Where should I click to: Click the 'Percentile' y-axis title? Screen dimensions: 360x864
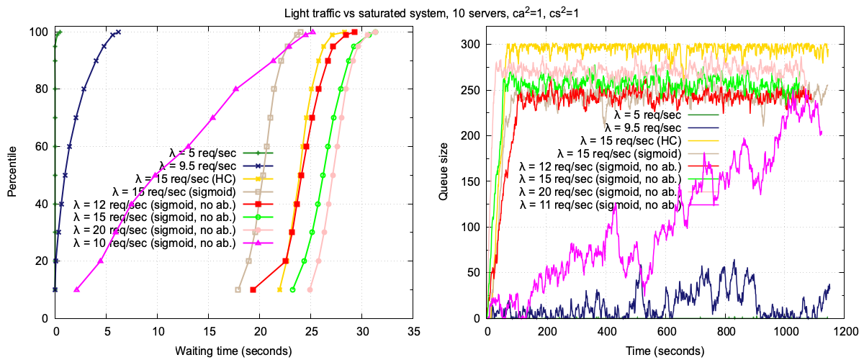(x=12, y=174)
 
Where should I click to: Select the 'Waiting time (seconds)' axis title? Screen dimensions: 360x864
(x=233, y=351)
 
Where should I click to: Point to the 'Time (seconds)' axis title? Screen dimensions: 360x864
(x=666, y=351)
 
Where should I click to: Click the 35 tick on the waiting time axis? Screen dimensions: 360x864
(x=413, y=333)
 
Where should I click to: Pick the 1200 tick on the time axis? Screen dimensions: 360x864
(x=846, y=333)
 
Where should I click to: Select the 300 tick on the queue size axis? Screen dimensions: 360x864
(x=472, y=44)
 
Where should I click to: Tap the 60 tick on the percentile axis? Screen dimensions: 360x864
(x=42, y=146)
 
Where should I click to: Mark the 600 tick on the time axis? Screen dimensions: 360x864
(x=667, y=333)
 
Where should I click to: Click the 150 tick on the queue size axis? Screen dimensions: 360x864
(x=472, y=181)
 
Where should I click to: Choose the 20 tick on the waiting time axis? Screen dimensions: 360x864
(x=260, y=333)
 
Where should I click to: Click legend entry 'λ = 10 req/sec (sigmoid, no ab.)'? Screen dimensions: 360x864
(x=155, y=243)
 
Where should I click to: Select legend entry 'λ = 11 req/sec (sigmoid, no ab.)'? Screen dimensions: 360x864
(x=600, y=205)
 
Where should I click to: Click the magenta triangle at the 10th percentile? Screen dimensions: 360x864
(x=76, y=289)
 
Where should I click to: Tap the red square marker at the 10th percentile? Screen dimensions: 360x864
(x=253, y=289)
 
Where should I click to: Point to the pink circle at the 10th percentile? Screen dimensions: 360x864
(x=310, y=289)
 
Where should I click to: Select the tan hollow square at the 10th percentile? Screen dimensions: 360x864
(x=238, y=289)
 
